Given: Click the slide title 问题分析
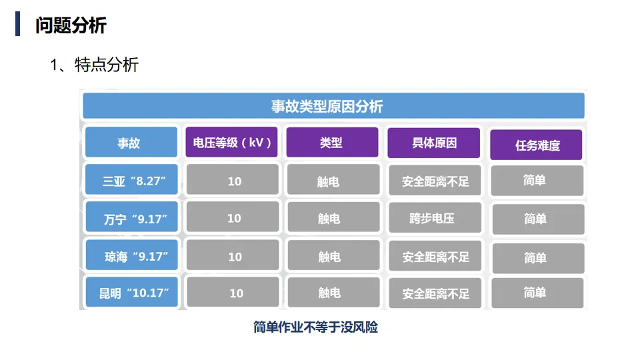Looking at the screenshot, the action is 71,25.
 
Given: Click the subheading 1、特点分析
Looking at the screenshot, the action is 94,65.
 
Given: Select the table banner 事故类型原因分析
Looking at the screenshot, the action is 333,106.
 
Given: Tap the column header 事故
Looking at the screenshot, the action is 131,143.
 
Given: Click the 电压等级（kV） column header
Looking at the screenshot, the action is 231,143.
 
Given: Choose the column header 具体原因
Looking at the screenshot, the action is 434,143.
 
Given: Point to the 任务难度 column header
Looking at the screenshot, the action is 536,145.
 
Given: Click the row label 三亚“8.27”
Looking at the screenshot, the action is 131,181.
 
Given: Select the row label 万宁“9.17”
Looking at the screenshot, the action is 131,218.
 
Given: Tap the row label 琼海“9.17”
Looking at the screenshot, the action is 131,256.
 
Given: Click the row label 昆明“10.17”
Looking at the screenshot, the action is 131,293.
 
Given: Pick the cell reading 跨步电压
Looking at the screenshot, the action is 434,217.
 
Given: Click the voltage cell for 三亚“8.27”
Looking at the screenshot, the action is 233,181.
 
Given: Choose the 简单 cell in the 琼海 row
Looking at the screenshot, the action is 536,257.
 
